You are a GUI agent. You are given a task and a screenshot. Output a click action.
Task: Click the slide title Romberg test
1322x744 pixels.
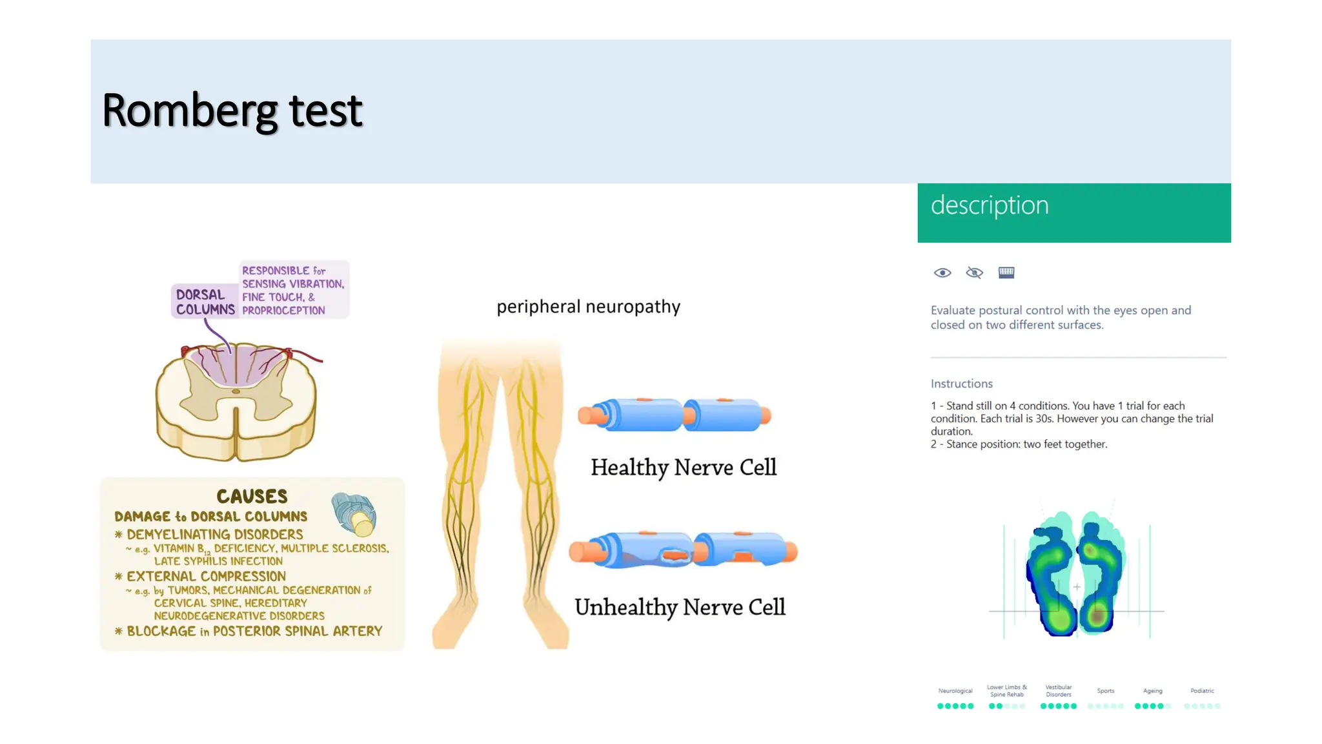point(232,111)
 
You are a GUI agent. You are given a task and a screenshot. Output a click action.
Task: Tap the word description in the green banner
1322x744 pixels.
point(989,205)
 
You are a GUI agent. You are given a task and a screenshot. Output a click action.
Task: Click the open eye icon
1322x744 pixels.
point(942,273)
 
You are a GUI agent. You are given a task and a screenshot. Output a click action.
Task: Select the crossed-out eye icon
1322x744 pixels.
point(974,273)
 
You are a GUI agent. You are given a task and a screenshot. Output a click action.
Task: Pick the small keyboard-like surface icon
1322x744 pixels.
point(1006,273)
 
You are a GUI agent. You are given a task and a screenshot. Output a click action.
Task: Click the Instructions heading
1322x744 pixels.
point(961,384)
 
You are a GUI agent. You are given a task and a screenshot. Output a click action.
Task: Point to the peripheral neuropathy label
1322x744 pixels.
point(588,306)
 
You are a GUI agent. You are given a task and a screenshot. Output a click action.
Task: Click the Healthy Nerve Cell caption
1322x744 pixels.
point(683,467)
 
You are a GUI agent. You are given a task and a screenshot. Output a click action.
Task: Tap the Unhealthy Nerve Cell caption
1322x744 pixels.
point(680,607)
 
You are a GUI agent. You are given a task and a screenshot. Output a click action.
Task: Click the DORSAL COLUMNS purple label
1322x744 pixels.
point(205,302)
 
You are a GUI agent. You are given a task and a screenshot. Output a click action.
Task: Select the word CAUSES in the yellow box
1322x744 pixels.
point(252,496)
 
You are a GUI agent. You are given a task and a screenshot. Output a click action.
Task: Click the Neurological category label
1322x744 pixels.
point(955,691)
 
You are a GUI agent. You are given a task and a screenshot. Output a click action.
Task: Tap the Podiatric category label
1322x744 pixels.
point(1202,691)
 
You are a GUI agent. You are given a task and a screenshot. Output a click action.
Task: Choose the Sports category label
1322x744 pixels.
point(1105,691)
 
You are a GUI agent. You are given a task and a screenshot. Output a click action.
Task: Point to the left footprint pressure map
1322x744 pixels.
point(1052,575)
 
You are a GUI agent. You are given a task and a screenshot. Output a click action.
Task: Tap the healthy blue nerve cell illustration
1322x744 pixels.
point(675,415)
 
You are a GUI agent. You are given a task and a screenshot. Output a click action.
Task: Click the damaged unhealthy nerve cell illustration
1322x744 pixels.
point(683,550)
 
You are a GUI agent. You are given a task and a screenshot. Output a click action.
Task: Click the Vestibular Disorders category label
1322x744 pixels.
point(1058,691)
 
